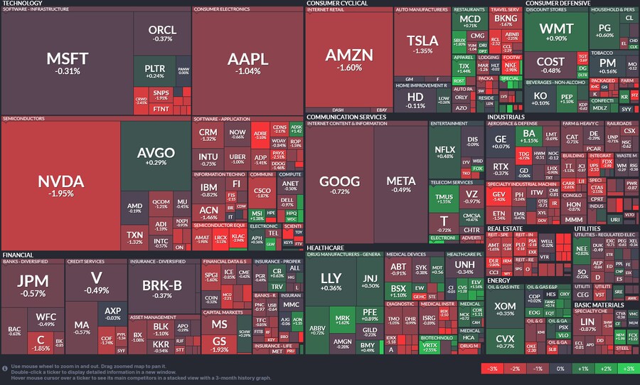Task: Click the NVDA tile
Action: pyautogui.click(x=60, y=184)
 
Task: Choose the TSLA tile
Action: pyautogui.click(x=423, y=44)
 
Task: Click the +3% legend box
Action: pyautogui.click(x=627, y=369)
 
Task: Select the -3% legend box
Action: pyautogui.click(x=491, y=369)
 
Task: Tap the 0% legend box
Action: pyautogui.click(x=560, y=369)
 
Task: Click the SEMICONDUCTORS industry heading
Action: pyautogui.click(x=24, y=118)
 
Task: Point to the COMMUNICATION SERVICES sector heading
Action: pyautogui.click(x=346, y=116)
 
